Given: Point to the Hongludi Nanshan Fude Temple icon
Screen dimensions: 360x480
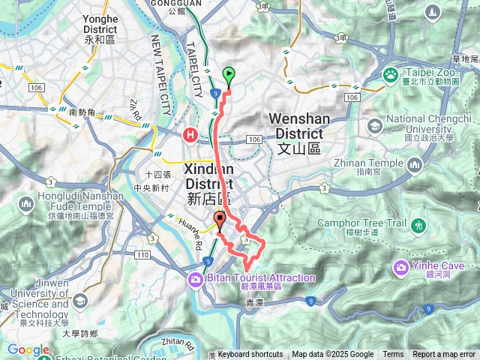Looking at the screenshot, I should point(27,204).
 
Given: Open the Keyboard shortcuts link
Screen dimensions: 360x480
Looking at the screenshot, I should point(250,355).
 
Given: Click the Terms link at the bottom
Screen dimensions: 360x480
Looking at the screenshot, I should point(393,355).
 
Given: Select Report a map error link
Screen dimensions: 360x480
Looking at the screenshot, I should point(444,355).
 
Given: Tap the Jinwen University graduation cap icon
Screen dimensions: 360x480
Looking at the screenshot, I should point(79,301).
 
